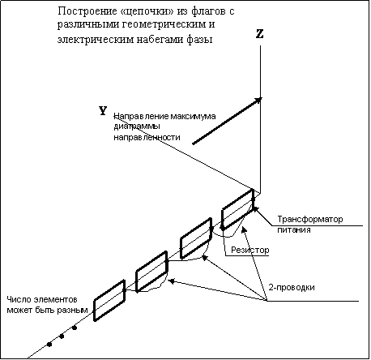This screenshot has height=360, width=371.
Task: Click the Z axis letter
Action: coord(259,34)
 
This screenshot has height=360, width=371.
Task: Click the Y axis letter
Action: coord(103,111)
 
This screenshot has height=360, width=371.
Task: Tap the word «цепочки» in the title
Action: coord(147,11)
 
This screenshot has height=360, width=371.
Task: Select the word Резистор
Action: coord(250,250)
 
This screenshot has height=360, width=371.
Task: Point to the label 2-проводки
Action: coord(292,287)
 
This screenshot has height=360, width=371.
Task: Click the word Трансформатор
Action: coord(310,219)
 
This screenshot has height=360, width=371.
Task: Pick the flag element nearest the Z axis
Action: coord(237,209)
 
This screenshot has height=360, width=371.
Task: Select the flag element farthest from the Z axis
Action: coord(109,301)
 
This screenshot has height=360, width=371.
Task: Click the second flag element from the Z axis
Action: coord(196,238)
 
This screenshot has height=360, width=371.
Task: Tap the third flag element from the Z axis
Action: coord(151,272)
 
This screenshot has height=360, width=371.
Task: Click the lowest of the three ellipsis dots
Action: coord(49,345)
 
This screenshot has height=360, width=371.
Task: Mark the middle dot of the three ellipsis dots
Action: coord(62,336)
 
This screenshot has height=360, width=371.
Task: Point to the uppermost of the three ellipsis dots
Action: coord(75,328)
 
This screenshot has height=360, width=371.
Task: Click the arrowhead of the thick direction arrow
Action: coord(258,101)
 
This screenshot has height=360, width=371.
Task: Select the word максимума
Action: coord(193,117)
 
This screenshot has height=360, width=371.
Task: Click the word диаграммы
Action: coord(136,126)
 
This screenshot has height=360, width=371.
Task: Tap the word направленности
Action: coord(147,137)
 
